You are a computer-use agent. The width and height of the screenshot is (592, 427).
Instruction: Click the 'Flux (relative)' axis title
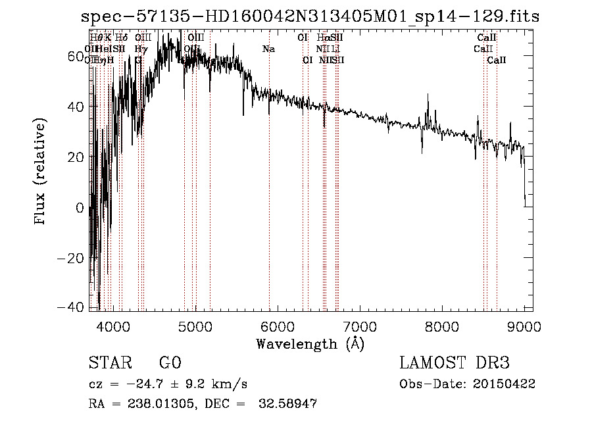pyautogui.click(x=41, y=172)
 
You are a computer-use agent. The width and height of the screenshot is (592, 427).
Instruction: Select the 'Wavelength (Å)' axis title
pyautogui.click(x=310, y=343)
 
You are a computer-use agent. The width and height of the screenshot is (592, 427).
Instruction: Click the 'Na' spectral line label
pyautogui.click(x=268, y=49)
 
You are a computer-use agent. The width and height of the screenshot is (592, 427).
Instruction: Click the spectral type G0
pyautogui.click(x=170, y=363)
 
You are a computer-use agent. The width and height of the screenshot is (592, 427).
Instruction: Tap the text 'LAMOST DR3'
pyautogui.click(x=455, y=363)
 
